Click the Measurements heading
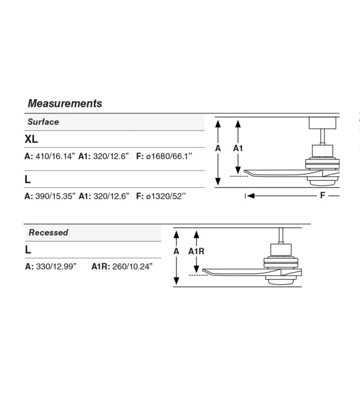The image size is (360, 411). tap(65, 104)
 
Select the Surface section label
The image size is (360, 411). tap(43, 122)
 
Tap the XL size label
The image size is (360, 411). tap(31, 139)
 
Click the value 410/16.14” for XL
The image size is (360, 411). tap(55, 156)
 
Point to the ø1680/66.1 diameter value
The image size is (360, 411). tap(169, 156)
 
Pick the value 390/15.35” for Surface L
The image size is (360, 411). tap(56, 196)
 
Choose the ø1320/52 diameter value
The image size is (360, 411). tap(166, 196)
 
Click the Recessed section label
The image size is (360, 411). tap(48, 233)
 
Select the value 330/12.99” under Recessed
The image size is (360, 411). tap(56, 267)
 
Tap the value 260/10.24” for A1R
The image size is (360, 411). tap(133, 267)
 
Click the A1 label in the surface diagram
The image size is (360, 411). tap(238, 148)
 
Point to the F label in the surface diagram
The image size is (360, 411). tap(322, 195)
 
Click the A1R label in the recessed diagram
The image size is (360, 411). tap(196, 251)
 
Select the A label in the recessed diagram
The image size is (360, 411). tap(176, 251)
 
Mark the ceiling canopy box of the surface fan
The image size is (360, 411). tap(322, 123)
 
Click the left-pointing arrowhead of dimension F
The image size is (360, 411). tap(250, 196)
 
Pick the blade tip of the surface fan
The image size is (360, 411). tap(245, 172)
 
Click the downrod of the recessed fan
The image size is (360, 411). tap(281, 236)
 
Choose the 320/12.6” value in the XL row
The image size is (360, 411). tap(111, 156)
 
